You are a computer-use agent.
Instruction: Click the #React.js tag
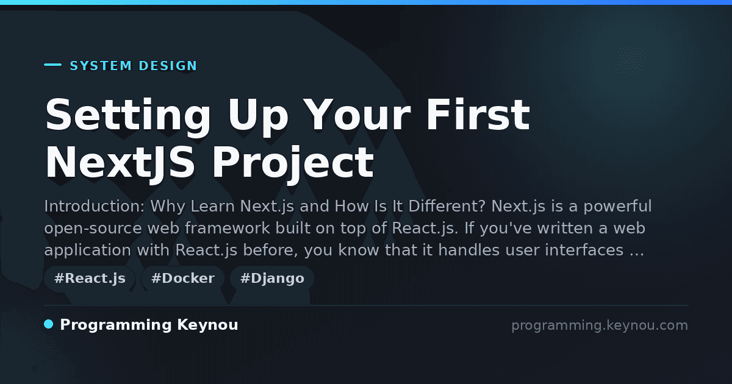(x=90, y=279)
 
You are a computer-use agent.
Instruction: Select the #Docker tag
(x=182, y=279)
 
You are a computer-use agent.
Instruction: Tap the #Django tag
(x=272, y=279)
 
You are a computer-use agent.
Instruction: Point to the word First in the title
(x=478, y=115)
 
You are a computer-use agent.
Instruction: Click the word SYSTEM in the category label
(x=101, y=66)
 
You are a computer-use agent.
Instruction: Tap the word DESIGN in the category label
(x=168, y=66)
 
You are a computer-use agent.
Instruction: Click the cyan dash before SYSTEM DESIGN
(x=52, y=65)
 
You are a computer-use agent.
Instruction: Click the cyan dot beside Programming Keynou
(x=49, y=324)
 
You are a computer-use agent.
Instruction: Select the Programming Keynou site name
(x=149, y=325)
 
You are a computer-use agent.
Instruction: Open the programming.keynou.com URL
(x=600, y=325)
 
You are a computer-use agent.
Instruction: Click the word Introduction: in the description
(x=94, y=207)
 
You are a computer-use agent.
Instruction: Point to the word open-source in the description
(x=93, y=229)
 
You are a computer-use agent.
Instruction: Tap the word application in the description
(x=88, y=251)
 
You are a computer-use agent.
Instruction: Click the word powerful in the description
(x=617, y=207)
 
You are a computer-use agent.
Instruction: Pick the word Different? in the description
(x=447, y=207)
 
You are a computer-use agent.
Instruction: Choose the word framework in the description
(x=227, y=228)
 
